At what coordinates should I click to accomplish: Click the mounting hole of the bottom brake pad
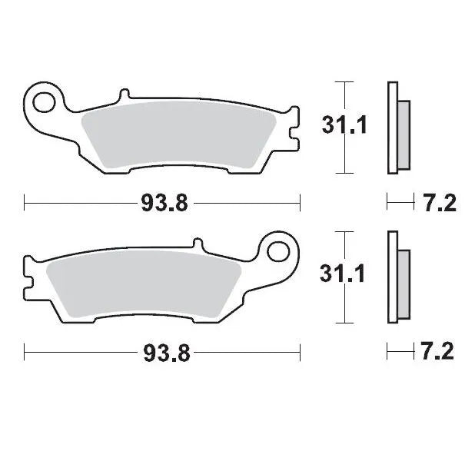point(281,250)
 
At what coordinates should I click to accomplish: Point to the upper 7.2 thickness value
point(440,203)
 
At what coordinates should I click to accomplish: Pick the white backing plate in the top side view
point(393,128)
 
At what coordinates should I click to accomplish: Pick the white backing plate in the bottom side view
point(393,277)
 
